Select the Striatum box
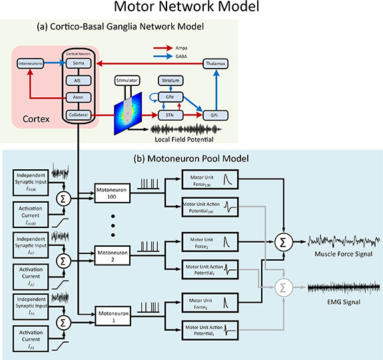point(171,80)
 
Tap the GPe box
point(171,97)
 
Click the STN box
point(171,115)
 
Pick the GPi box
point(215,115)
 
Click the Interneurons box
point(30,63)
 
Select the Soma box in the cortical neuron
point(79,63)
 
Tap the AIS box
point(79,80)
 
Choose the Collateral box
point(79,115)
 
